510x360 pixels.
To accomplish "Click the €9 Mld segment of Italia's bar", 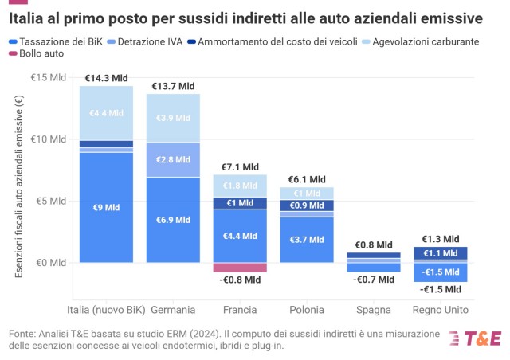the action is tap(106, 208).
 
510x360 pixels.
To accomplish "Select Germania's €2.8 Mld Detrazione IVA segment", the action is tap(173, 160).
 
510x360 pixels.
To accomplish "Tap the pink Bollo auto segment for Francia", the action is tap(240, 268).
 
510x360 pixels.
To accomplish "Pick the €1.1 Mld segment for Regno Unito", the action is tap(441, 253).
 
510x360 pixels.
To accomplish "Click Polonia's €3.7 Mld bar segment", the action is tap(307, 240).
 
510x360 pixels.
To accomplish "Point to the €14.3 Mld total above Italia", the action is tap(106, 78).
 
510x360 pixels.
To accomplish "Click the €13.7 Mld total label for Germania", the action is tap(173, 86).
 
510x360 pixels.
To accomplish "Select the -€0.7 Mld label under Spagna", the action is tap(374, 280).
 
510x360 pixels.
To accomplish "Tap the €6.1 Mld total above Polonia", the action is tap(307, 179).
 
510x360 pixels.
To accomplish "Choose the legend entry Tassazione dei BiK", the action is tap(56, 41).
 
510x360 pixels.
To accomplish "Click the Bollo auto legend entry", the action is tap(36, 53).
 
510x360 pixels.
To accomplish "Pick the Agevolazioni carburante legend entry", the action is tap(421, 41).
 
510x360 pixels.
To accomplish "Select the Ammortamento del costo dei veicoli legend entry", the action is tap(273, 41).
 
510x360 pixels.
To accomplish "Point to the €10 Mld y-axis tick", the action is tap(48, 139).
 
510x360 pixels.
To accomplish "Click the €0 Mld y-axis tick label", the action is tap(51, 263).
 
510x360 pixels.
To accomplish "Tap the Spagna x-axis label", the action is tap(374, 310).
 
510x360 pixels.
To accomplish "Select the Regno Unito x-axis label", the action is tap(441, 310).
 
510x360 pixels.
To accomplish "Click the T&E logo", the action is tap(475, 338).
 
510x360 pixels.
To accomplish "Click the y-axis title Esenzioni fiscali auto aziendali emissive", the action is tap(19, 186).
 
